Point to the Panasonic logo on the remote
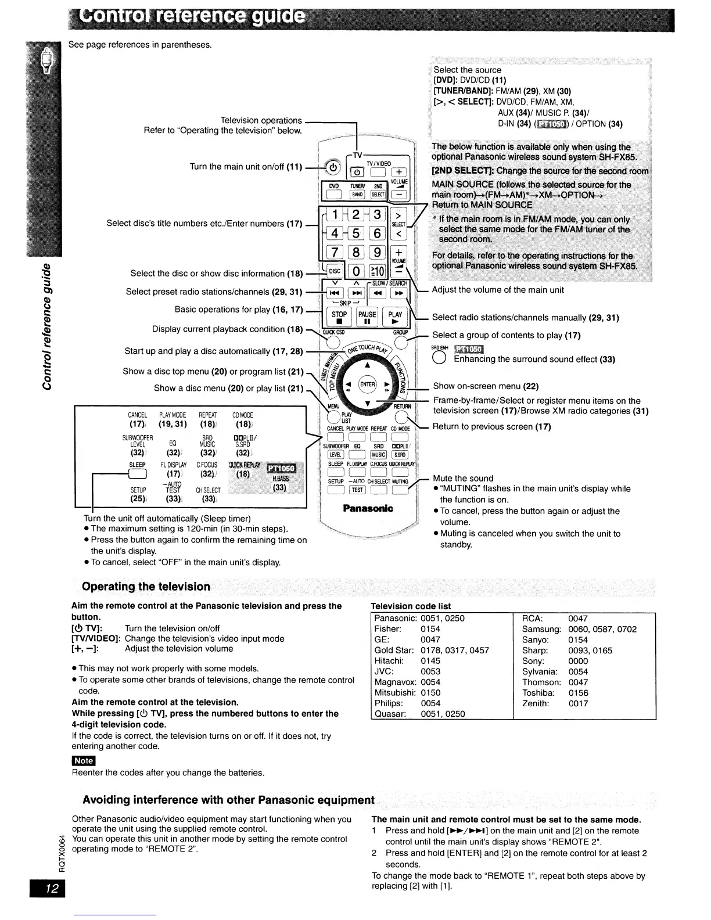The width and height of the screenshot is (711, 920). tap(368, 509)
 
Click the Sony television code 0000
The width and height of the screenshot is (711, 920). tap(578, 661)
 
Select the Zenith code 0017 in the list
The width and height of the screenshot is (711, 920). tap(578, 703)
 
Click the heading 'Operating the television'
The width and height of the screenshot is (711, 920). tap(146, 586)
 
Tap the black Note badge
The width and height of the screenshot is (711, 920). tap(83, 760)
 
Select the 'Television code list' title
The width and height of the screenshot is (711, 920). tap(411, 606)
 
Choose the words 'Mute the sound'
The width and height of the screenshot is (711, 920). tap(463, 478)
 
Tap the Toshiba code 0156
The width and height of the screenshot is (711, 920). tap(578, 693)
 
